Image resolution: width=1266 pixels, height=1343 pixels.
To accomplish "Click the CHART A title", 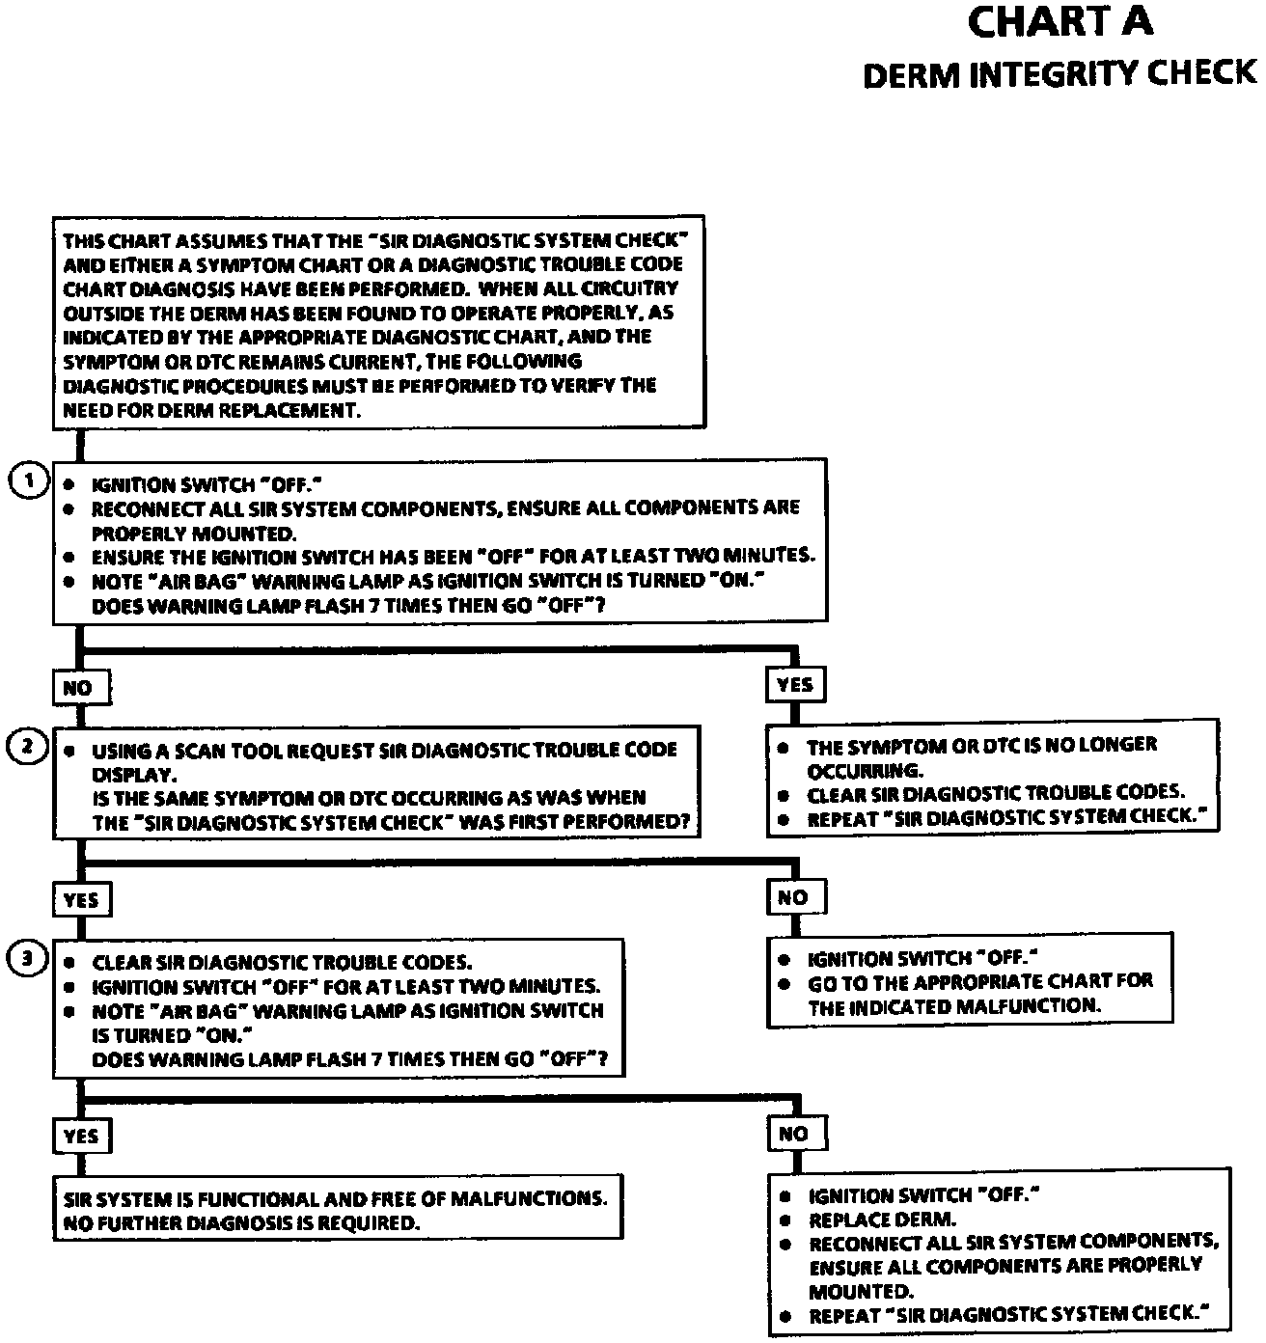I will coord(1060,23).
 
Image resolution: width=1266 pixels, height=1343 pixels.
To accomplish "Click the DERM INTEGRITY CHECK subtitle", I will coord(1060,74).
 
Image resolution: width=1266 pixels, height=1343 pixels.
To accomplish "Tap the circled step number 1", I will coord(28,480).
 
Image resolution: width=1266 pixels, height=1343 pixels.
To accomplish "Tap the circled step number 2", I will coord(28,746).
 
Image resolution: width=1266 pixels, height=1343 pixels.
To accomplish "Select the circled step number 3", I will coord(28,958).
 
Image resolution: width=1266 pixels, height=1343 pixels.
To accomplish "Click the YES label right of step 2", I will coord(794,685).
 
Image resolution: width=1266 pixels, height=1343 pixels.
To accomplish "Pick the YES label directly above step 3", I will coord(81,899).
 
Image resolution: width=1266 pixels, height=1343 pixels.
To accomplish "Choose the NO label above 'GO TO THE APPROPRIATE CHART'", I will coord(792,897).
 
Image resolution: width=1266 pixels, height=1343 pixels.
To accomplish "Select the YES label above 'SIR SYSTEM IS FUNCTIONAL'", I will coord(81,1136).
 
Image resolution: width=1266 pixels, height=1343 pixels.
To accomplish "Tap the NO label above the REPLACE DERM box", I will coord(792,1134).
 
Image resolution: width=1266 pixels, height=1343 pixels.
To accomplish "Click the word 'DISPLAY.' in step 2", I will coord(134,774).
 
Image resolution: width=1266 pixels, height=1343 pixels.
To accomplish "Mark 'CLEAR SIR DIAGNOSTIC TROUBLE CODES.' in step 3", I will coord(282,962).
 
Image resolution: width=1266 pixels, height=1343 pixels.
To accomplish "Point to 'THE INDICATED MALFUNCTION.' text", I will coord(954,1006).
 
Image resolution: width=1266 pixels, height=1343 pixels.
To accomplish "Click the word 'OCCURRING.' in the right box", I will coord(865,770).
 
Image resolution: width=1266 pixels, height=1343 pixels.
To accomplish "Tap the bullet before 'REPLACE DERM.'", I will coord(786,1220).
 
